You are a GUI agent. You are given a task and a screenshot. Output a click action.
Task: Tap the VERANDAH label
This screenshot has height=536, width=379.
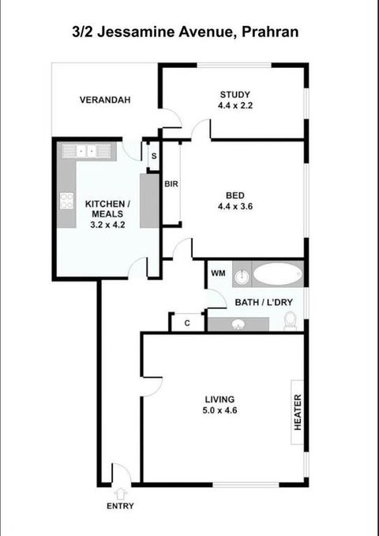click(x=105, y=100)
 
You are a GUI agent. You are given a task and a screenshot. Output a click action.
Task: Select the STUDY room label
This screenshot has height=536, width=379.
click(x=235, y=95)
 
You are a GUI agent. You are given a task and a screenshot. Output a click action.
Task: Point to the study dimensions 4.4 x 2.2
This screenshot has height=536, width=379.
click(x=235, y=105)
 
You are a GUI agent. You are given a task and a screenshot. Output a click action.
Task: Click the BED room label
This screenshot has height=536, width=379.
click(x=235, y=196)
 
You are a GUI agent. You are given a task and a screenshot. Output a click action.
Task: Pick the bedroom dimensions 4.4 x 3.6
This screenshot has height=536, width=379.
click(x=235, y=207)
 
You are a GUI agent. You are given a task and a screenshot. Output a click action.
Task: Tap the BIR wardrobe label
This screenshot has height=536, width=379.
click(x=171, y=184)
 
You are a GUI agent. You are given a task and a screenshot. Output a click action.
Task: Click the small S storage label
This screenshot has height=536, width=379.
click(x=153, y=157)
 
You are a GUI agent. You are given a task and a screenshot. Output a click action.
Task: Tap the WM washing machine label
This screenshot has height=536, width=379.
click(x=219, y=274)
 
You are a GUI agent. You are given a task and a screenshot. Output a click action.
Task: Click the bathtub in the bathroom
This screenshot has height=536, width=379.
click(x=277, y=274)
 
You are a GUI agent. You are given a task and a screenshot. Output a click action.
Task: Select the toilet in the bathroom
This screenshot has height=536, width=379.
click(x=290, y=319)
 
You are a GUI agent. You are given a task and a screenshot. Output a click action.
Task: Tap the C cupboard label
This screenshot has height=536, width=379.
click(x=187, y=323)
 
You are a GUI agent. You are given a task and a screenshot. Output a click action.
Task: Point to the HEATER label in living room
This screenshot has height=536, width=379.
click(x=298, y=412)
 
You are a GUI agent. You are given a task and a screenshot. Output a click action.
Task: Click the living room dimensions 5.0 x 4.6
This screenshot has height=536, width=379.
click(x=220, y=410)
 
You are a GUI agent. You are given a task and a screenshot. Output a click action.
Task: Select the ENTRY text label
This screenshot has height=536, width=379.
click(x=120, y=506)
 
